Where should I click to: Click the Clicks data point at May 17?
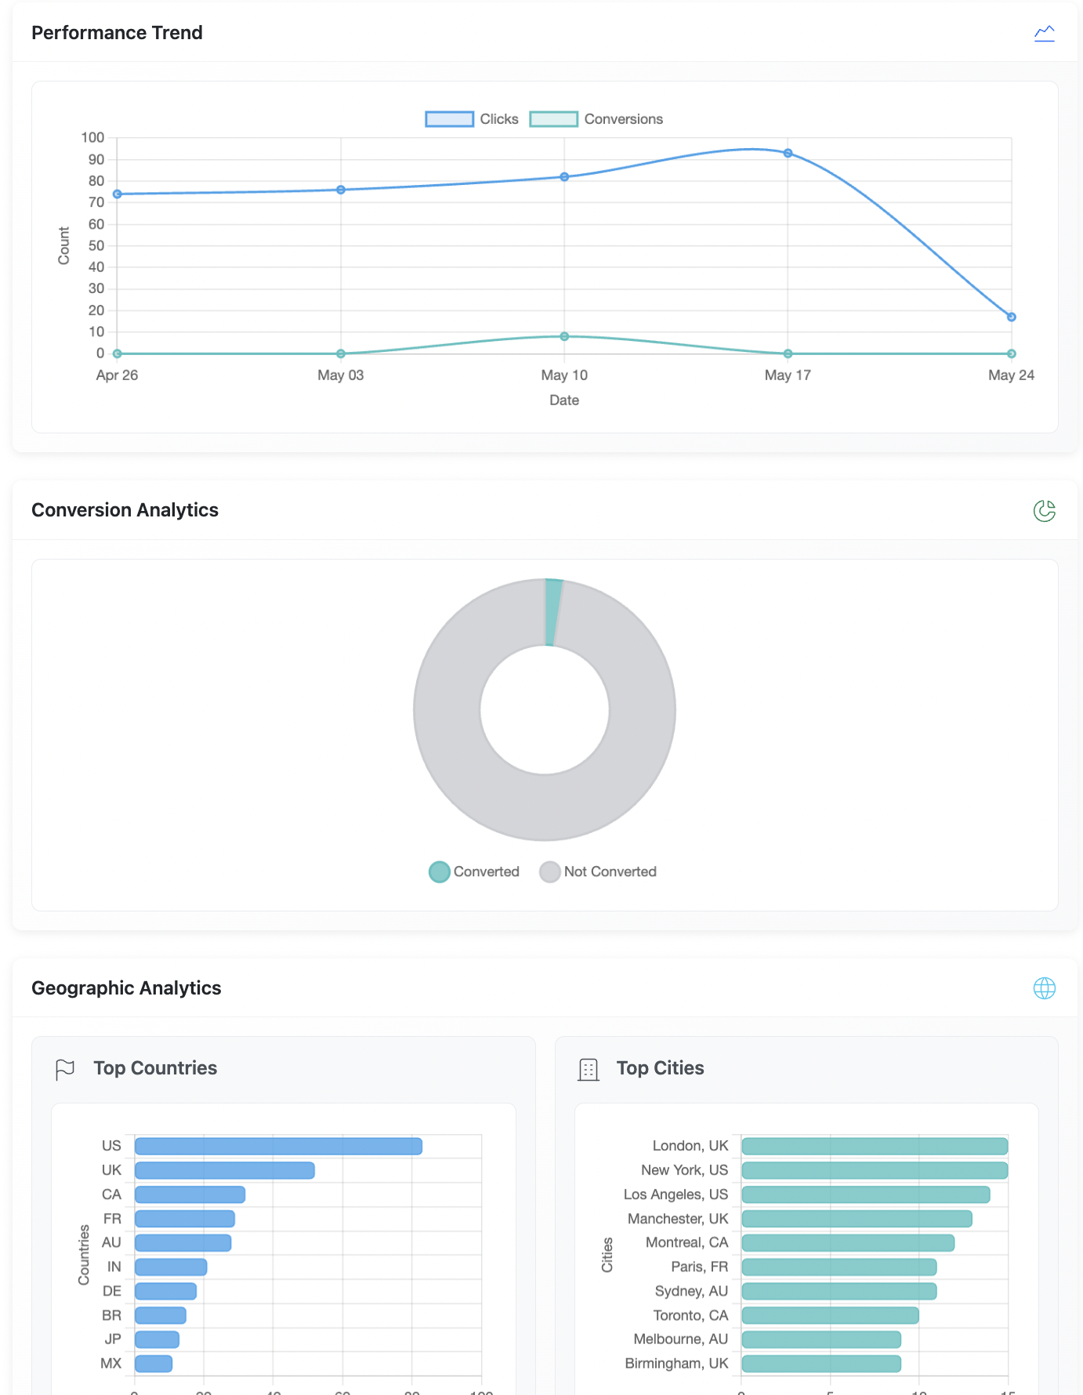click(788, 154)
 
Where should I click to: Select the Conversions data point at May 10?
click(564, 336)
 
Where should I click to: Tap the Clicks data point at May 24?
click(1011, 317)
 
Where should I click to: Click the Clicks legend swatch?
click(449, 119)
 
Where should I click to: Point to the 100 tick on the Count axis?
click(92, 138)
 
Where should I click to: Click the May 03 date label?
click(340, 375)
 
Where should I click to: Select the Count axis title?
click(64, 245)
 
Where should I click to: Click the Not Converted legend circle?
click(549, 871)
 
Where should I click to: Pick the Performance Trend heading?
click(117, 33)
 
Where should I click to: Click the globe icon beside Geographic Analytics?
click(1044, 988)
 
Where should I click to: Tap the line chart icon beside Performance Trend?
click(1044, 33)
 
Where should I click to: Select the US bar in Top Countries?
click(278, 1147)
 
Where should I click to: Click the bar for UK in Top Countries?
click(224, 1171)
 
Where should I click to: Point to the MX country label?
click(111, 1364)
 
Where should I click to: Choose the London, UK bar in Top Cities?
click(874, 1147)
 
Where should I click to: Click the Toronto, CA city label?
click(690, 1315)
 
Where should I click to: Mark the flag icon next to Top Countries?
click(65, 1069)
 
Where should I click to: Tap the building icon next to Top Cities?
click(588, 1069)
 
